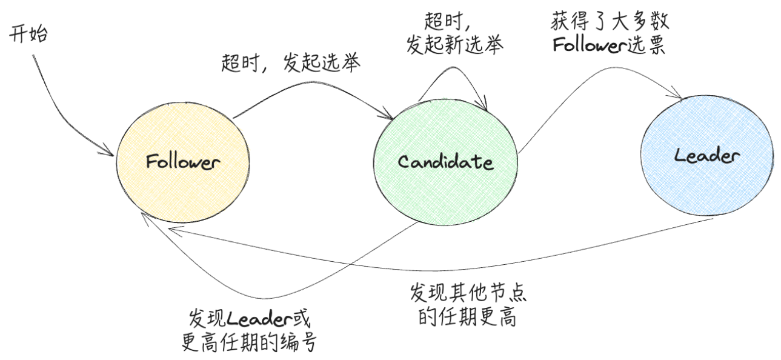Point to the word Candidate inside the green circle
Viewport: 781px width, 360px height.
(x=446, y=162)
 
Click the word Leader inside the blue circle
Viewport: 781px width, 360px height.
(x=707, y=156)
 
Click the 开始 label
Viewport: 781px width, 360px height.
(x=28, y=33)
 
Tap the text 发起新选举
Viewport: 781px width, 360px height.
(x=454, y=46)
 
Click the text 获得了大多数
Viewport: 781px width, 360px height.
(x=611, y=23)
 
